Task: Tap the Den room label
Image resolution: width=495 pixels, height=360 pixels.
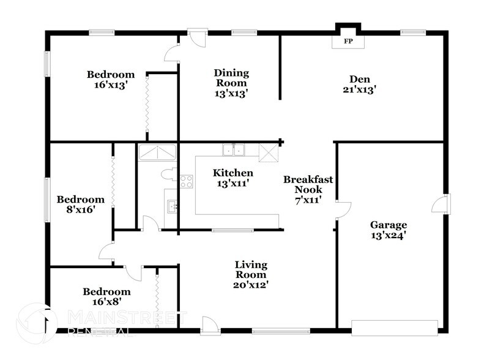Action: pyautogui.click(x=359, y=78)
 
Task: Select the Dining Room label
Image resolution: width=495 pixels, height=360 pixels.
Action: pyautogui.click(x=231, y=78)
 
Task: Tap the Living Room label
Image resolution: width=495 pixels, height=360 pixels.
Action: pyautogui.click(x=251, y=269)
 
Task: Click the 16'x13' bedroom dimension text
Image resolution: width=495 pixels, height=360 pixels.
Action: pyautogui.click(x=110, y=86)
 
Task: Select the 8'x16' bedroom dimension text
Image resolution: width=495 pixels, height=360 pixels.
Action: pyautogui.click(x=81, y=209)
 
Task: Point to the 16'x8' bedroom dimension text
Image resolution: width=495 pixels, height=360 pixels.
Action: pyautogui.click(x=106, y=302)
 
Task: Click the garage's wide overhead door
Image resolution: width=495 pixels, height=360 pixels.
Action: pyautogui.click(x=395, y=326)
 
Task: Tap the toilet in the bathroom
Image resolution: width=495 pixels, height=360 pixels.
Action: pyautogui.click(x=168, y=174)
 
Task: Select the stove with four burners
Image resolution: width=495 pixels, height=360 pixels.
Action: pyautogui.click(x=187, y=181)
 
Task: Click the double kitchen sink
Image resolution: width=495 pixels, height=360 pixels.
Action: pyautogui.click(x=233, y=150)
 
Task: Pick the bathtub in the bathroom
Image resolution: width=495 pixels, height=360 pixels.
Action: pyautogui.click(x=157, y=152)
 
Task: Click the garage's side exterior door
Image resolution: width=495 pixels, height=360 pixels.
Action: pyautogui.click(x=440, y=204)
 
